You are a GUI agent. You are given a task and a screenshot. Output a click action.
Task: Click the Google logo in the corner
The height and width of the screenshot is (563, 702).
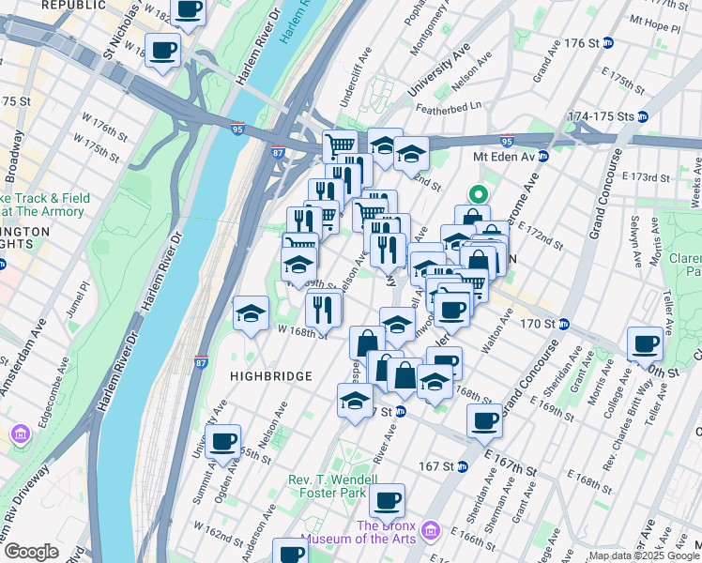[30, 552]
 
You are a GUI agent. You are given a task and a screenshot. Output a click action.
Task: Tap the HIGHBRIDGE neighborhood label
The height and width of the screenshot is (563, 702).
[270, 375]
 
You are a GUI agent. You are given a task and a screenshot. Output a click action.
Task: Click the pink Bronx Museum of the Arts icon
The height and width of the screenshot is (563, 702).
[431, 532]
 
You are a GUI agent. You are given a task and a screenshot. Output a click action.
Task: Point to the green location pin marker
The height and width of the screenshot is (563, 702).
[478, 195]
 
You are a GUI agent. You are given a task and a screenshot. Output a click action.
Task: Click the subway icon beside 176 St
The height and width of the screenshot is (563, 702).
[607, 43]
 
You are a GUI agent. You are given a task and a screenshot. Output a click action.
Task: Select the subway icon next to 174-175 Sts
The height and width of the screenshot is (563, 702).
[643, 116]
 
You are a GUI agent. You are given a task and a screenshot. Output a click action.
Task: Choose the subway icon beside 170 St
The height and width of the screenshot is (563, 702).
[564, 325]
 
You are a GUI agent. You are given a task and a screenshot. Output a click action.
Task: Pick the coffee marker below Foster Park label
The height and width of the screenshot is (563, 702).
[387, 501]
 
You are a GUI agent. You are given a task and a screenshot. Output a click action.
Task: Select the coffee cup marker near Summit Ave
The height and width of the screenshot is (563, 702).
[223, 441]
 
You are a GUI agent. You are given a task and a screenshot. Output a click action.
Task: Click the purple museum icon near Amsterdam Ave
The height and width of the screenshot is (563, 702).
[20, 434]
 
